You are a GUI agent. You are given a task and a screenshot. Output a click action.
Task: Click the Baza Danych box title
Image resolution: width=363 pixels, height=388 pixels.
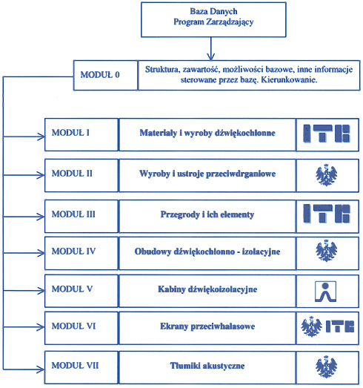213,11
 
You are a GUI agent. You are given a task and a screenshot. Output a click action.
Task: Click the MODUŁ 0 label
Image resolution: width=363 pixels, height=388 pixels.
100,75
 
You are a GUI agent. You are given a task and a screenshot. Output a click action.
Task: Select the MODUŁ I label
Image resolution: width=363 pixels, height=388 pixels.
70,133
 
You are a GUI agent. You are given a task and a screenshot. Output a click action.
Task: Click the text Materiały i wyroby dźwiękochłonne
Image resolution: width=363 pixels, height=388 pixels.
207,133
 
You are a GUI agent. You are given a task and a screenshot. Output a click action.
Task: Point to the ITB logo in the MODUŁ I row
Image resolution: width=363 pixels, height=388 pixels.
327,134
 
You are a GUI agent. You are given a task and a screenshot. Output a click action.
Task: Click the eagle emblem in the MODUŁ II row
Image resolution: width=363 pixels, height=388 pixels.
327,175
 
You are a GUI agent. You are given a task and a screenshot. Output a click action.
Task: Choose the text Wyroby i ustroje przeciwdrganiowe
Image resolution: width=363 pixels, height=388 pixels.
207,174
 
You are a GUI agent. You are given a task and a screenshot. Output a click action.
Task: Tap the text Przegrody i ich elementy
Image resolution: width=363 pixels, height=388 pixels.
207,214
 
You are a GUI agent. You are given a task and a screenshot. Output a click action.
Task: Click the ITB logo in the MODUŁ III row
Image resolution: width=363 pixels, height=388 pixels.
327,214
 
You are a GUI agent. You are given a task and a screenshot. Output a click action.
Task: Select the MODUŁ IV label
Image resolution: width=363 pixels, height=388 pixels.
73,251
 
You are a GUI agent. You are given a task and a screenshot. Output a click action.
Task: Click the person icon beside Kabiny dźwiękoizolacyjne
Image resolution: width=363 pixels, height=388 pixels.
325,292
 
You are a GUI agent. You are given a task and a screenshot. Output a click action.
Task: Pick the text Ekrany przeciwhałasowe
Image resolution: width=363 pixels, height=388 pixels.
207,326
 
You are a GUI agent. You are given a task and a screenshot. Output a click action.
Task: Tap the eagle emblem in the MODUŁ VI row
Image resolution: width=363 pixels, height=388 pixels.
311,326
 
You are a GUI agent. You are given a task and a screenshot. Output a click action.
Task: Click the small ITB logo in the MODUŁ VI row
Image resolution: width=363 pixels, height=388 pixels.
340,326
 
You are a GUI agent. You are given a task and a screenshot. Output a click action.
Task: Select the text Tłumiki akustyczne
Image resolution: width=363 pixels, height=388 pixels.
207,366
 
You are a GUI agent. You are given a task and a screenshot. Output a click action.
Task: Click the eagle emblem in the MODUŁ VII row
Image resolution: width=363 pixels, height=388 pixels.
326,366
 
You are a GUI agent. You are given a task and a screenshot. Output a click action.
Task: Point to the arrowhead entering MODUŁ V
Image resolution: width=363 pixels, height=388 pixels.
41,291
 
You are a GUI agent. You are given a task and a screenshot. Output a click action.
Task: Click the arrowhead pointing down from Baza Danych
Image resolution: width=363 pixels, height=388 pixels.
211,56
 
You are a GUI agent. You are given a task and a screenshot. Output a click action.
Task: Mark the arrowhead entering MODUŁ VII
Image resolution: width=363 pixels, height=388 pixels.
41,369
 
